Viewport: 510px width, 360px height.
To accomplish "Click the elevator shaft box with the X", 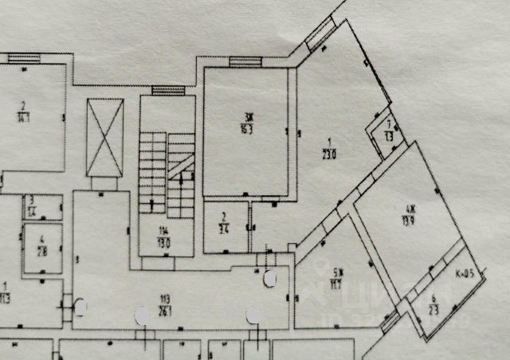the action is [x=105, y=136].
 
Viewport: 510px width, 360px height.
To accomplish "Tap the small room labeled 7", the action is [x=389, y=129].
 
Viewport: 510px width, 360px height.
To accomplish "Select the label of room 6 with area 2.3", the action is [x=434, y=304].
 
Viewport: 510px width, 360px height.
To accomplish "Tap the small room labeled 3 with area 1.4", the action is [x=33, y=206].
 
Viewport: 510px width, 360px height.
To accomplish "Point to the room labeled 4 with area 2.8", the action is [x=42, y=246].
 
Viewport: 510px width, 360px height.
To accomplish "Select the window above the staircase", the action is [x=168, y=91].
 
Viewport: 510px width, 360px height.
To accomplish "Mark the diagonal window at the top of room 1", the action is [x=321, y=32].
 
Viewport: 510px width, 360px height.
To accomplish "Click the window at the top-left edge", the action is [x=24, y=58].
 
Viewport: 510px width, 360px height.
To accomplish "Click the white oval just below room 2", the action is [x=270, y=279].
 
